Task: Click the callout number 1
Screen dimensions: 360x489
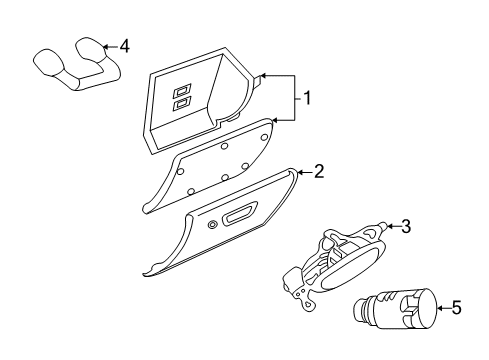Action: point(309,98)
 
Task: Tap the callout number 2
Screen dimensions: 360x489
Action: point(318,171)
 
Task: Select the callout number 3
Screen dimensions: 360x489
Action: point(406,226)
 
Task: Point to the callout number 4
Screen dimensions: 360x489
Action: point(124,46)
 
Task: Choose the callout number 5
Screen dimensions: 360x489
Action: point(456,308)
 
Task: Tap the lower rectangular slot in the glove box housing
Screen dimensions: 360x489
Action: point(181,103)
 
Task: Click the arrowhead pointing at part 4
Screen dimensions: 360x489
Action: point(107,46)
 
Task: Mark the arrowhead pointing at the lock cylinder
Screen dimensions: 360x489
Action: point(438,308)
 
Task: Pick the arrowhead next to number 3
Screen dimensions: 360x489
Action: point(388,227)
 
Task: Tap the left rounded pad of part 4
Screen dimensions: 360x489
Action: point(47,59)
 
